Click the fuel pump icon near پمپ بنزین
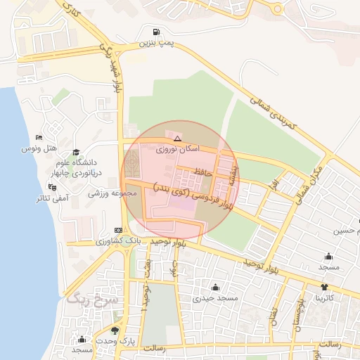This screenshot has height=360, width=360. point(155,32)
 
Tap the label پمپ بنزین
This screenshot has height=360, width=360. point(155,43)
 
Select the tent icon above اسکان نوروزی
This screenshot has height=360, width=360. point(177,139)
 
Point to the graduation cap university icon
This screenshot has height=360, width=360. point(76,152)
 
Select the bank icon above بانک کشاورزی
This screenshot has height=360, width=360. point(117,230)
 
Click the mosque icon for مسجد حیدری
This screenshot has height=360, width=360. point(215,287)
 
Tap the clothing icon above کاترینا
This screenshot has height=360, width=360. point(324,287)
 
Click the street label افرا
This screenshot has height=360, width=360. point(274,185)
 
